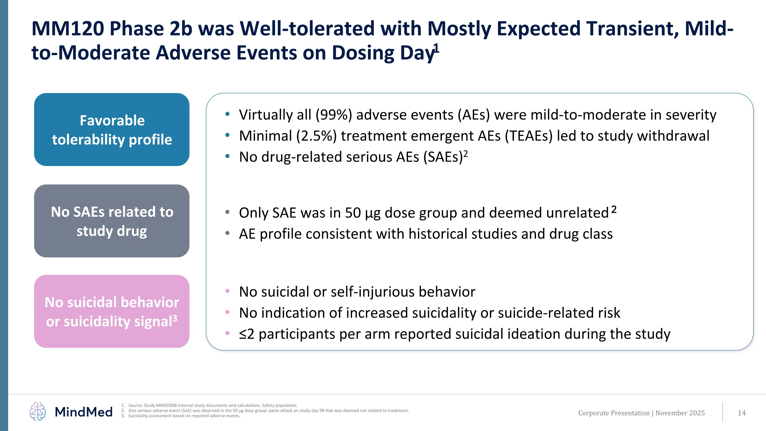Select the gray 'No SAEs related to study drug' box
coord(112,221)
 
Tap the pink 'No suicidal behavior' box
coord(112,311)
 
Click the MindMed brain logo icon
coord(38,411)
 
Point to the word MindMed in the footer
coord(83,412)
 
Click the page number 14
coord(742,413)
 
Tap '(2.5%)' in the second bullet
coord(316,136)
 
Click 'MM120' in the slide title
coord(68,29)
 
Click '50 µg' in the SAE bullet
coord(363,213)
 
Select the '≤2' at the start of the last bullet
coord(246,334)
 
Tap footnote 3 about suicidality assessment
coord(184,415)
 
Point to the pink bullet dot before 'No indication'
coord(228,312)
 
